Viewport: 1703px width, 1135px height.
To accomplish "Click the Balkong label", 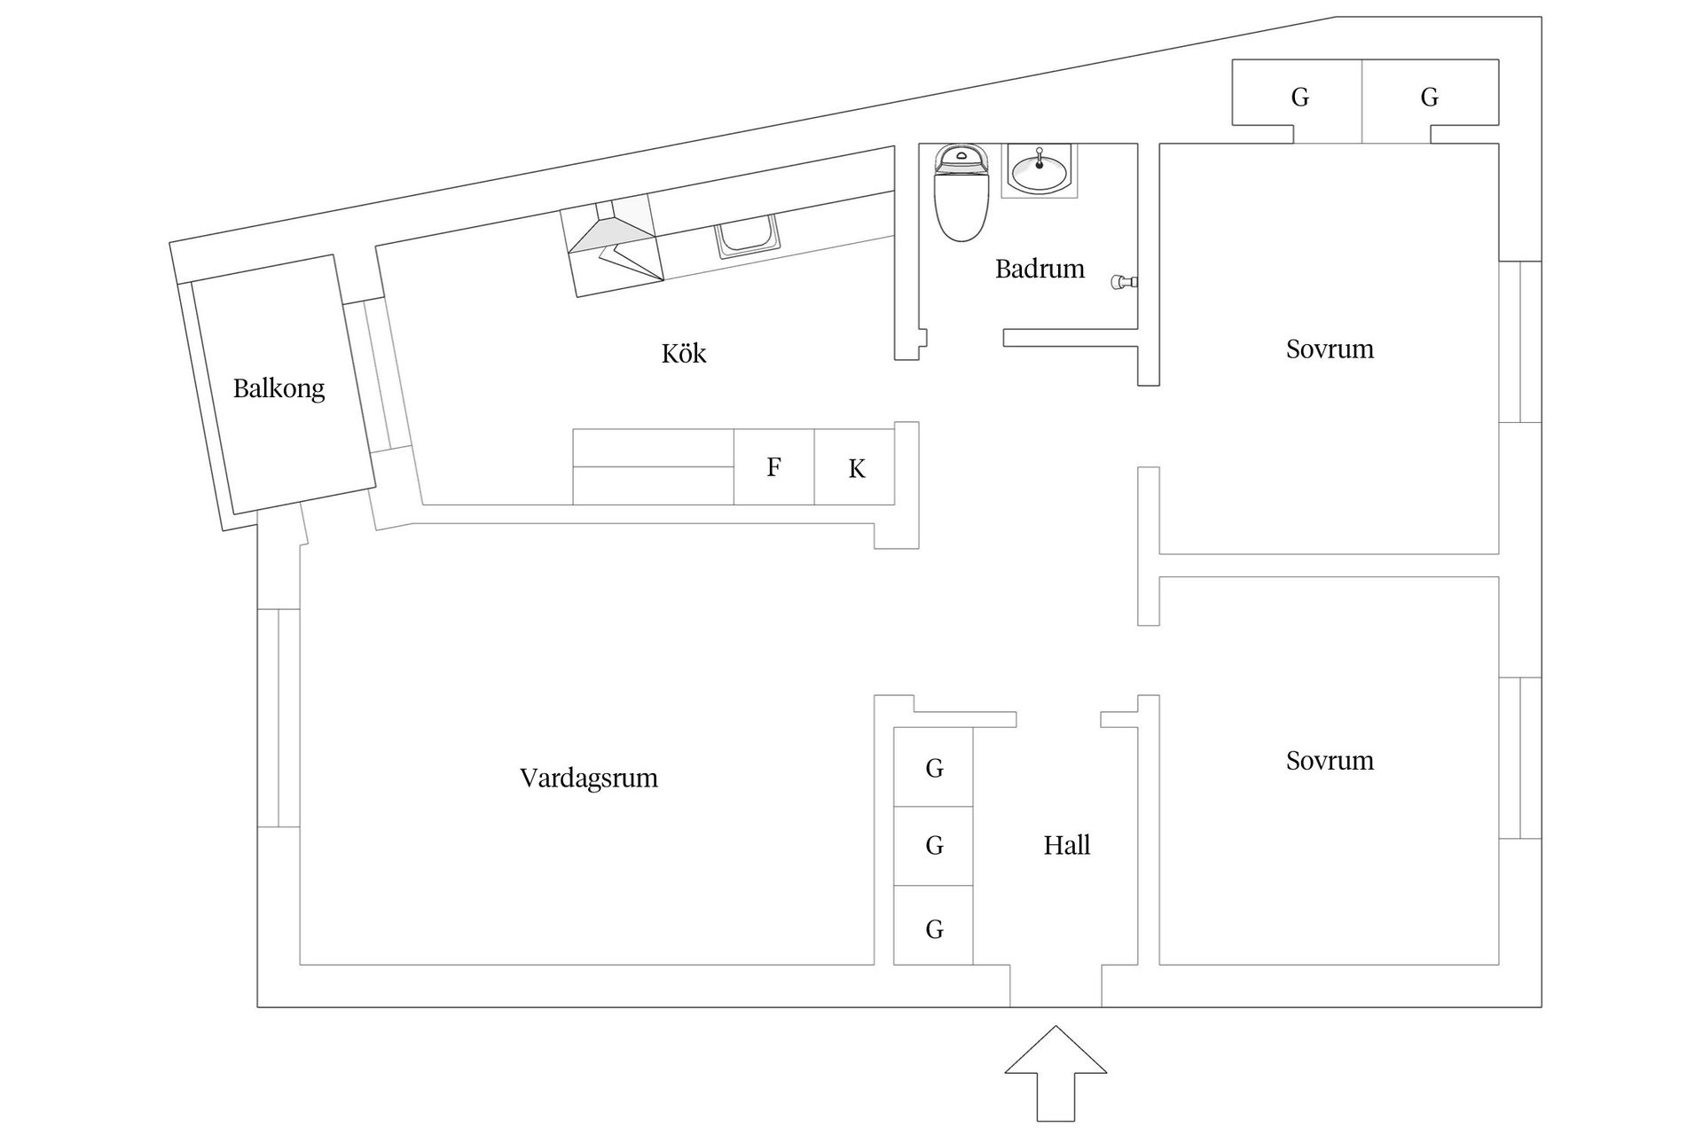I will tap(279, 388).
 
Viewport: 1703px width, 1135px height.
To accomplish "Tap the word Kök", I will tap(683, 354).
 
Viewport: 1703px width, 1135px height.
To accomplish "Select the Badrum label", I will tap(1040, 269).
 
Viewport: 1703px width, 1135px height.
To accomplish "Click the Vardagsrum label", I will tap(589, 779).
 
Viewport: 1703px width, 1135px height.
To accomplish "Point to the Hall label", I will tap(1066, 845).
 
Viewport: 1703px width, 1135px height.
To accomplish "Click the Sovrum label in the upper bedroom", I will tap(1330, 349).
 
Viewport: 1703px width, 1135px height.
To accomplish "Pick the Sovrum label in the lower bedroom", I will tap(1330, 761).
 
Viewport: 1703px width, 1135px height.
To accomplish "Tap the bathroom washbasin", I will tap(1040, 170).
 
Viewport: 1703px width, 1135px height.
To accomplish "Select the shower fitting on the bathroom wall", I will tap(1124, 283).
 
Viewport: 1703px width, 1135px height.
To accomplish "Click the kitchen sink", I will tap(748, 238).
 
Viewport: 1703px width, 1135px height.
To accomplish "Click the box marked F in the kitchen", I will tap(773, 467).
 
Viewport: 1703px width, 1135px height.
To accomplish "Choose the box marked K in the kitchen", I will tap(855, 468).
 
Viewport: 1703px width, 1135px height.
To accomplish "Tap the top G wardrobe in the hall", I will tap(933, 767).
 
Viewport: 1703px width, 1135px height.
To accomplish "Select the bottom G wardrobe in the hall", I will tap(933, 928).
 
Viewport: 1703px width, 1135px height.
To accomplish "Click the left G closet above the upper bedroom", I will tap(1299, 96).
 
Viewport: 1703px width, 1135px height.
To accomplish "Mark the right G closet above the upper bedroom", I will tap(1428, 96).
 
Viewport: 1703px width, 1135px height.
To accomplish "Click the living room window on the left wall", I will tap(279, 718).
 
